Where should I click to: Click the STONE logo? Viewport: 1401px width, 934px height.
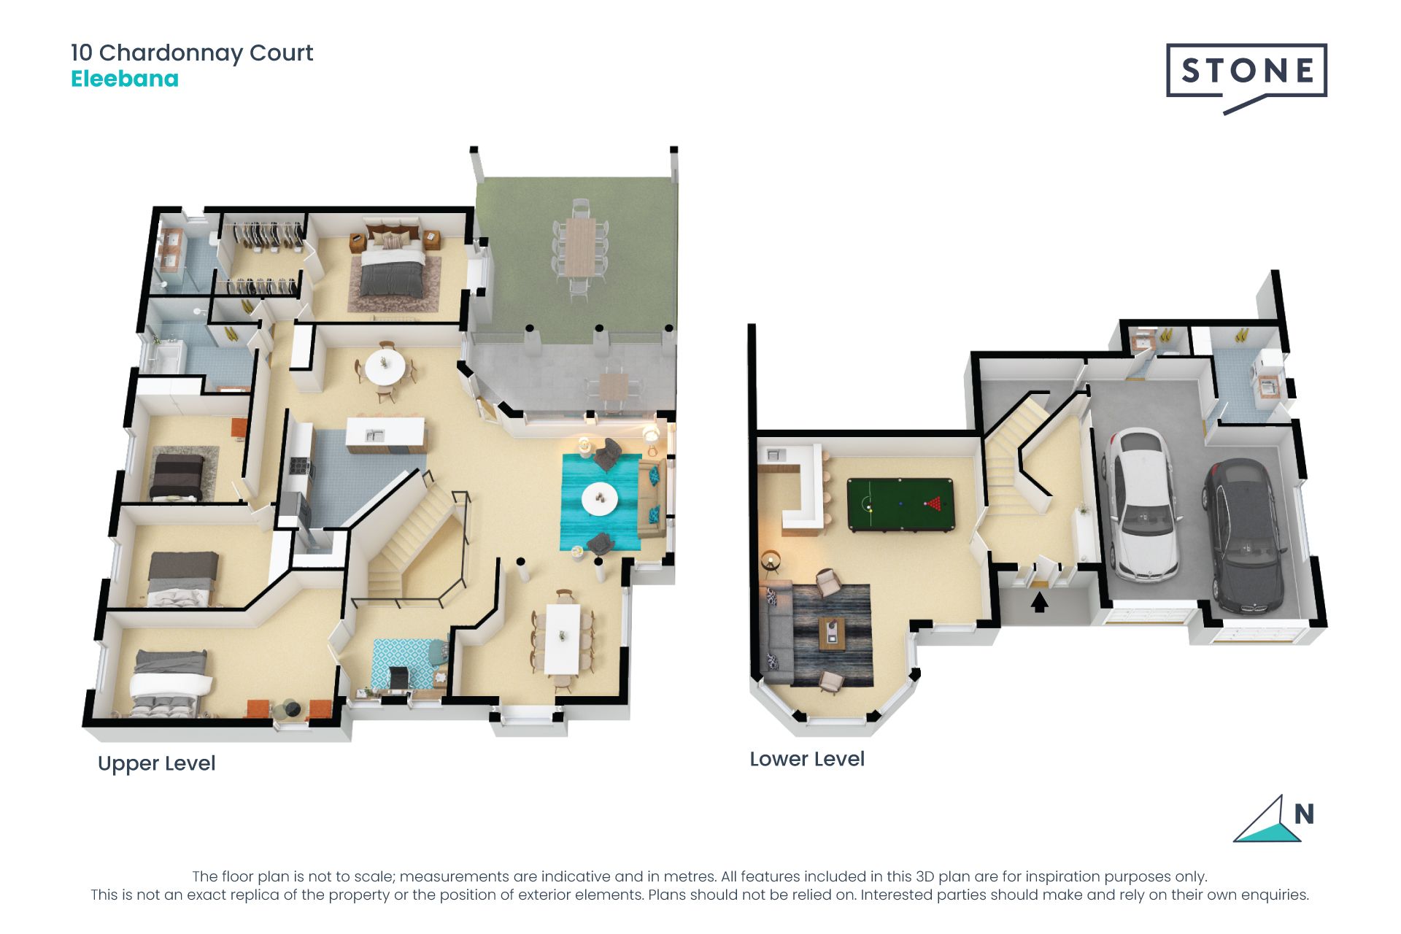[x=1246, y=77]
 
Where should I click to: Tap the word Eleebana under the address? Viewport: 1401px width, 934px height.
[x=125, y=79]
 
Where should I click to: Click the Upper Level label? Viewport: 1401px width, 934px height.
[x=156, y=763]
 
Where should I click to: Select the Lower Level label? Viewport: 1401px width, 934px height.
[x=807, y=759]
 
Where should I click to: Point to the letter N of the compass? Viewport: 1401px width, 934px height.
[x=1304, y=814]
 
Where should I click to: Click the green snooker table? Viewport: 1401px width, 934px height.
[x=900, y=504]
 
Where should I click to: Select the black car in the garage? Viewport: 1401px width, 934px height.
[x=1244, y=535]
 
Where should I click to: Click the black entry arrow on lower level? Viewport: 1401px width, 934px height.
[x=1039, y=602]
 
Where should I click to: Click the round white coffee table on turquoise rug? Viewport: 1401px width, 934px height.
[x=600, y=499]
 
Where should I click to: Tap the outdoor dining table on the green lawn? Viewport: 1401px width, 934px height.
[x=580, y=247]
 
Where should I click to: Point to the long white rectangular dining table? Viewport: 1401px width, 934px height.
[x=563, y=638]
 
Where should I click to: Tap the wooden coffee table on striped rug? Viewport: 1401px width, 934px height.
[x=833, y=633]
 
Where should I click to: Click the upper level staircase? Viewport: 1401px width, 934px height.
[x=412, y=536]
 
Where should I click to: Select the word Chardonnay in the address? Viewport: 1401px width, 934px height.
[x=171, y=53]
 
